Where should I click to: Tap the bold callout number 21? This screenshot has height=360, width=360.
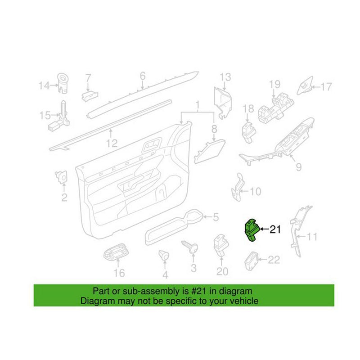[275, 229]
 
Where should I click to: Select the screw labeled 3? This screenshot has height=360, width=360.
[190, 246]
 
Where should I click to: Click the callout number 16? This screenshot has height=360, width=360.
[119, 273]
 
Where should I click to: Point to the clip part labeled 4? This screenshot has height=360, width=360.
[164, 255]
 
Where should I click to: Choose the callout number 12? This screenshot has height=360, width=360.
[112, 144]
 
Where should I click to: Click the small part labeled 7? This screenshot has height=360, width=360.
[89, 96]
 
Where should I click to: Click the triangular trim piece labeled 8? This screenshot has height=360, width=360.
[209, 151]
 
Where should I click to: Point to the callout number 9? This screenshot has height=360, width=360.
[298, 167]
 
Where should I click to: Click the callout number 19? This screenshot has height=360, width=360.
[274, 84]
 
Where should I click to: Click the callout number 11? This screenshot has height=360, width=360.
[312, 237]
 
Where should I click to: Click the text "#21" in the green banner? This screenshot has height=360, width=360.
[199, 291]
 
